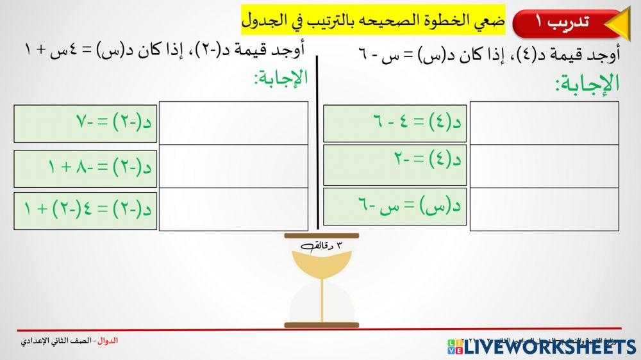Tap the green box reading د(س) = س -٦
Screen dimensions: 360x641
click(x=394, y=207)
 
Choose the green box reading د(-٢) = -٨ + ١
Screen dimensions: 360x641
click(x=85, y=168)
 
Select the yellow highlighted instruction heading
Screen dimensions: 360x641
click(x=372, y=20)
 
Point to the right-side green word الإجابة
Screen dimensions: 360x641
click(x=587, y=83)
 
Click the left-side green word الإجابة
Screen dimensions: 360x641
click(x=281, y=78)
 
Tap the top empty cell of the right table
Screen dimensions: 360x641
click(x=544, y=122)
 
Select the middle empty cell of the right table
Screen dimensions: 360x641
click(x=544, y=166)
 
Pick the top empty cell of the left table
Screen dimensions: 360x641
click(x=233, y=122)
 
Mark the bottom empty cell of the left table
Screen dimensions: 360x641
click(x=233, y=209)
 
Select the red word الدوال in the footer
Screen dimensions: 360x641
click(x=110, y=341)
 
